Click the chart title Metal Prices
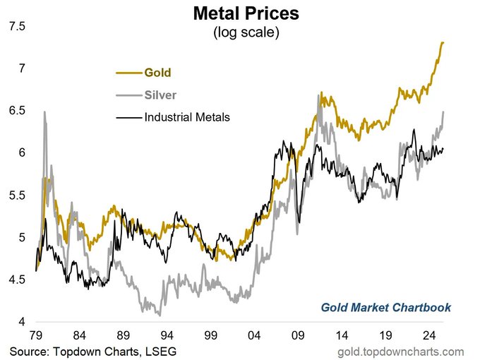pyautogui.click(x=240, y=14)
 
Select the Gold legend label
pyautogui.click(x=157, y=72)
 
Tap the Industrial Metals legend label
pyautogui.click(x=187, y=117)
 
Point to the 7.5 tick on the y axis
pyautogui.click(x=17, y=27)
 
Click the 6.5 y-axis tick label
pyautogui.click(x=17, y=111)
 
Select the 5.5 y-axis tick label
pyautogui.click(x=17, y=196)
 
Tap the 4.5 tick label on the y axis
pyautogui.click(x=17, y=280)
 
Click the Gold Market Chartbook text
pyautogui.click(x=385, y=308)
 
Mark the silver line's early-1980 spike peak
pyautogui.click(x=44, y=112)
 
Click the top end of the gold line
pyautogui.click(x=443, y=42)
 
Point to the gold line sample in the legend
pyautogui.click(x=127, y=72)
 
